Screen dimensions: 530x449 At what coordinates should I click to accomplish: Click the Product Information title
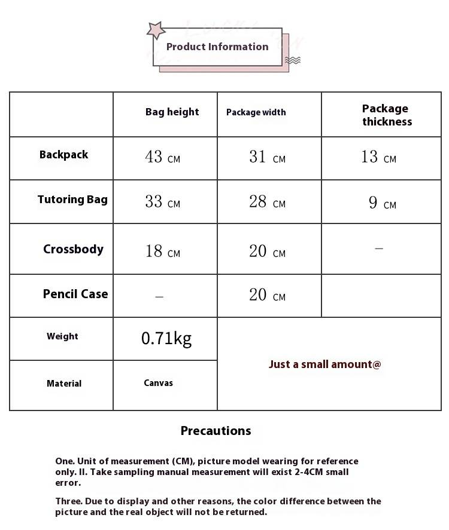click(217, 47)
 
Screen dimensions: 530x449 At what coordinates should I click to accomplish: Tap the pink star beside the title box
click(156, 30)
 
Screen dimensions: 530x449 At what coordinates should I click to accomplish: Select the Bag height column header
click(172, 112)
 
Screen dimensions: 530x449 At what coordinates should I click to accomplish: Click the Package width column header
click(256, 112)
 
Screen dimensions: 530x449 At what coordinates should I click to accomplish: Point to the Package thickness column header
click(386, 115)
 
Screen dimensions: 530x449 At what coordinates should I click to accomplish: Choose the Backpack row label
click(63, 155)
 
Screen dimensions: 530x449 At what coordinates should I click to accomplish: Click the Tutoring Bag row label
click(72, 200)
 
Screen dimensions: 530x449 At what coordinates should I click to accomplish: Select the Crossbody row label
click(73, 249)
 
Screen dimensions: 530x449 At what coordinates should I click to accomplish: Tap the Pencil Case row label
click(75, 294)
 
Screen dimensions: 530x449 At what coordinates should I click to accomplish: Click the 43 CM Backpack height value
click(162, 157)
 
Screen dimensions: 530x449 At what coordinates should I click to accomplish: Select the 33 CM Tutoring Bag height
click(162, 202)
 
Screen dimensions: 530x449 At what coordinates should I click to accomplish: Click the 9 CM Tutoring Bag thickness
click(382, 203)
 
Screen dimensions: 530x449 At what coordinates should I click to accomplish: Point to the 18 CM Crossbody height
click(162, 252)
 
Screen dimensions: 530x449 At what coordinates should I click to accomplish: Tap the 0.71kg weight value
click(166, 339)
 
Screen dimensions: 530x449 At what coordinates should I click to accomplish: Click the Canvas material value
click(158, 383)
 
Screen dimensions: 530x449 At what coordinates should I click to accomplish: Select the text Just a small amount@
click(324, 364)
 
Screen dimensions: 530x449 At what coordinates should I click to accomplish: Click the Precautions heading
click(216, 431)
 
